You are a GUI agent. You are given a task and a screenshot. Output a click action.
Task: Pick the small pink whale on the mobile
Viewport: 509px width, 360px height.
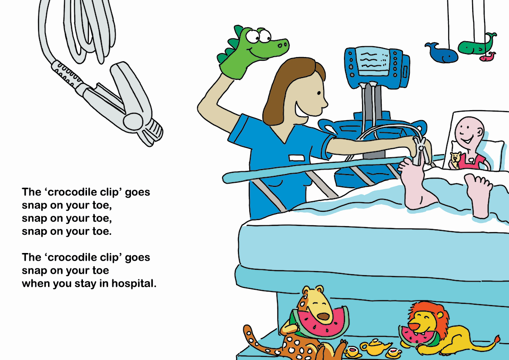point(488,57)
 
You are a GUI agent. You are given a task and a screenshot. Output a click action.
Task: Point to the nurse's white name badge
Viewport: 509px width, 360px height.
point(297,158)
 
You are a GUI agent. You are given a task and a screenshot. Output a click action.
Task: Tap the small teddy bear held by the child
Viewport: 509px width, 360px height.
point(455,160)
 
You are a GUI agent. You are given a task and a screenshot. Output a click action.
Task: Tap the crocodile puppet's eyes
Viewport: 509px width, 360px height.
point(257,36)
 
